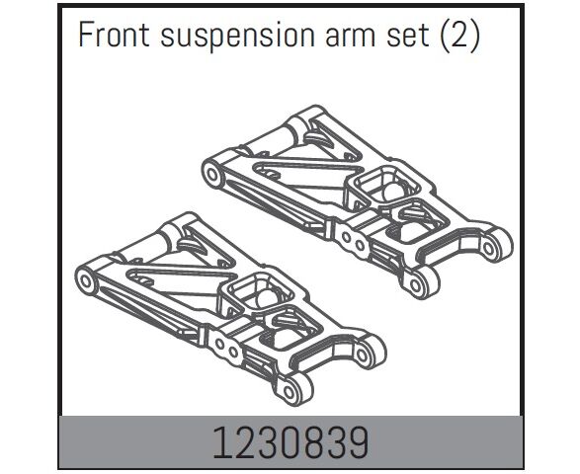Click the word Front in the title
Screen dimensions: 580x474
tap(114, 35)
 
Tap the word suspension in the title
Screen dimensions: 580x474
tap(237, 38)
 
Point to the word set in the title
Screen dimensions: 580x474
tap(408, 37)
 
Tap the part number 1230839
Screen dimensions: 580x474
tap(290, 443)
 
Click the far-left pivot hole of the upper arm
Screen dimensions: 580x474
tap(212, 174)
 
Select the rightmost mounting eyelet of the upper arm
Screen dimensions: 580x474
tap(496, 247)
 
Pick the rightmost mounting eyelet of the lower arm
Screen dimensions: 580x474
tap(368, 353)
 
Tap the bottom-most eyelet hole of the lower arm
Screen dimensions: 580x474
tap(290, 392)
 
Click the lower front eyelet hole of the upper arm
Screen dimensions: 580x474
tap(416, 285)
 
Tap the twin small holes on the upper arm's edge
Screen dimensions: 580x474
tap(353, 241)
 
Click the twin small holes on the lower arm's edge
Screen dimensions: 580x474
tap(226, 348)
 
